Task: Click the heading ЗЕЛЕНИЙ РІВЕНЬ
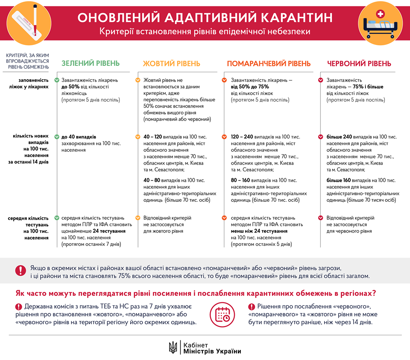click(x=91, y=64)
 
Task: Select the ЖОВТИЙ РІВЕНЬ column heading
click(x=171, y=64)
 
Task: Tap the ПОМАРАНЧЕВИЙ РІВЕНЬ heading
click(x=269, y=64)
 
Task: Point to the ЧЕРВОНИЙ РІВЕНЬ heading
click(x=359, y=64)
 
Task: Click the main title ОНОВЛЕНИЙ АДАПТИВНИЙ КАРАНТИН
click(x=205, y=18)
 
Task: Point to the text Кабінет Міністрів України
click(x=211, y=347)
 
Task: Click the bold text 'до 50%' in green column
click(x=71, y=87)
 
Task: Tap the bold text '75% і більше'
click(x=367, y=87)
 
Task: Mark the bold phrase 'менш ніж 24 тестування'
click(x=259, y=231)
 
